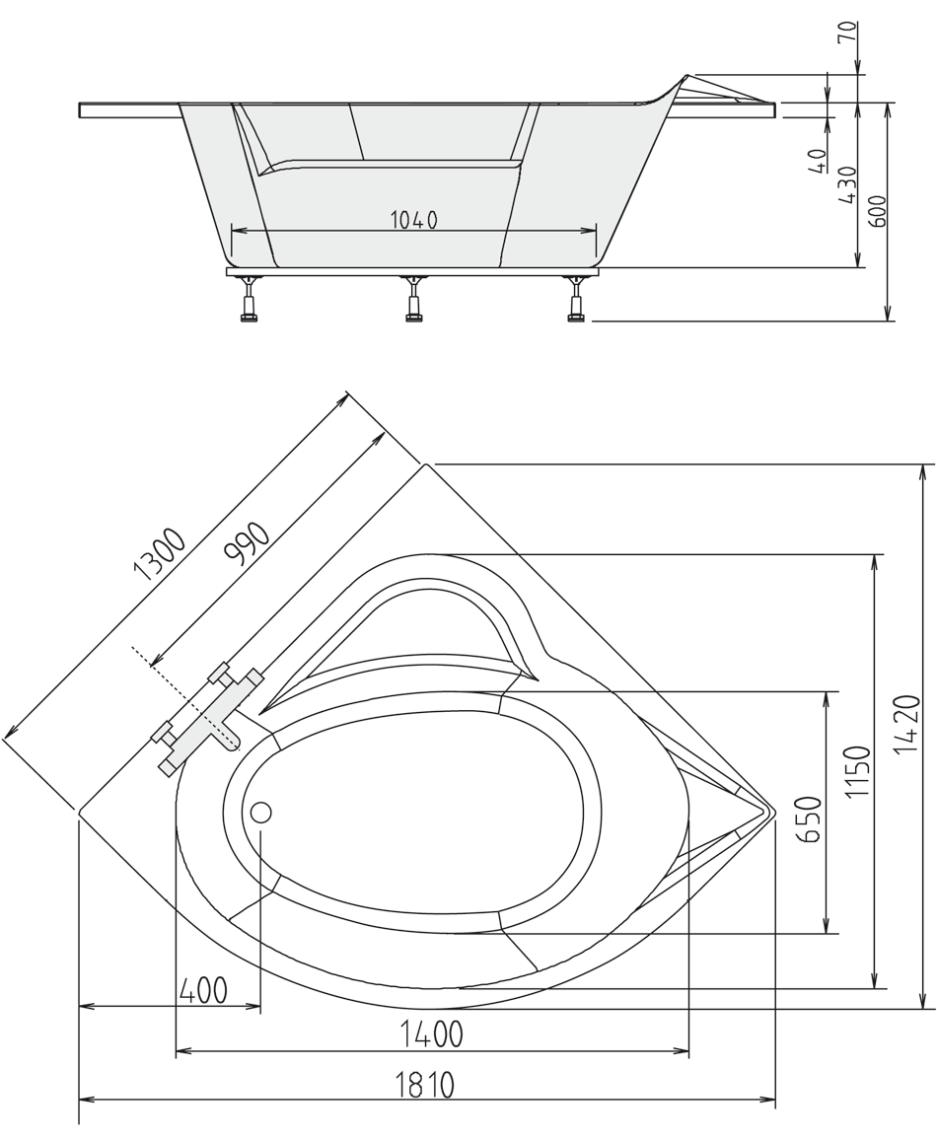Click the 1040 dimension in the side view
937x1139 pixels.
tap(413, 220)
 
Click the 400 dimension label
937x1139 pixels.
tap(203, 988)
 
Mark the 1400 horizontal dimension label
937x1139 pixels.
tap(430, 1034)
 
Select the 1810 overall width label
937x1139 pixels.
tap(425, 1085)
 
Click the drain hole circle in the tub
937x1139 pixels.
tap(261, 814)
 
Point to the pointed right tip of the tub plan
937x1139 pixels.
tap(771, 812)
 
